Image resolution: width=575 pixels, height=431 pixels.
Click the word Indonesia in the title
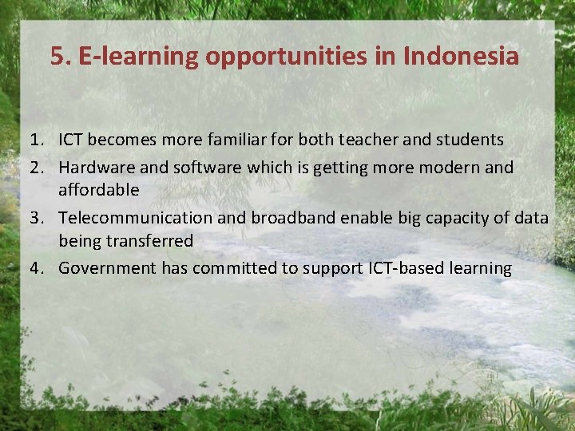pyautogui.click(x=462, y=56)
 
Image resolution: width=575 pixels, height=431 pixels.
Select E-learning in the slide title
pyautogui.click(x=139, y=57)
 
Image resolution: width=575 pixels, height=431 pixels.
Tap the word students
pyautogui.click(x=469, y=140)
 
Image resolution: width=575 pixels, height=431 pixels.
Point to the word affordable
pyautogui.click(x=99, y=190)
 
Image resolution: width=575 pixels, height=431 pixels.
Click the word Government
pyautogui.click(x=108, y=268)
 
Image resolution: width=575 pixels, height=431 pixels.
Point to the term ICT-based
pyautogui.click(x=391, y=268)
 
